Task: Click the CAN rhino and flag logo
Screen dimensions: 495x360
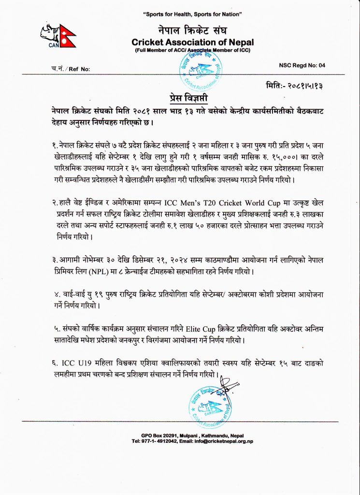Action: click(57, 35)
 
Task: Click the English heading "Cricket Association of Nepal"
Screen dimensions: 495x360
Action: click(192, 43)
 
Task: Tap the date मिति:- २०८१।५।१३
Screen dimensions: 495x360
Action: click(294, 85)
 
